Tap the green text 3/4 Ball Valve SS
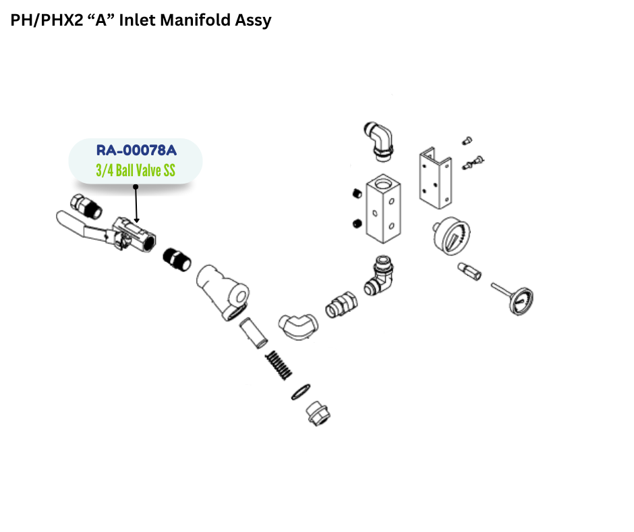click(136, 170)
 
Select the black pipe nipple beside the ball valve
click(177, 259)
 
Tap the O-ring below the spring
click(301, 392)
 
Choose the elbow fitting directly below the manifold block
click(380, 275)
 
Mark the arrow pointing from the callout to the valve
click(136, 203)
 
